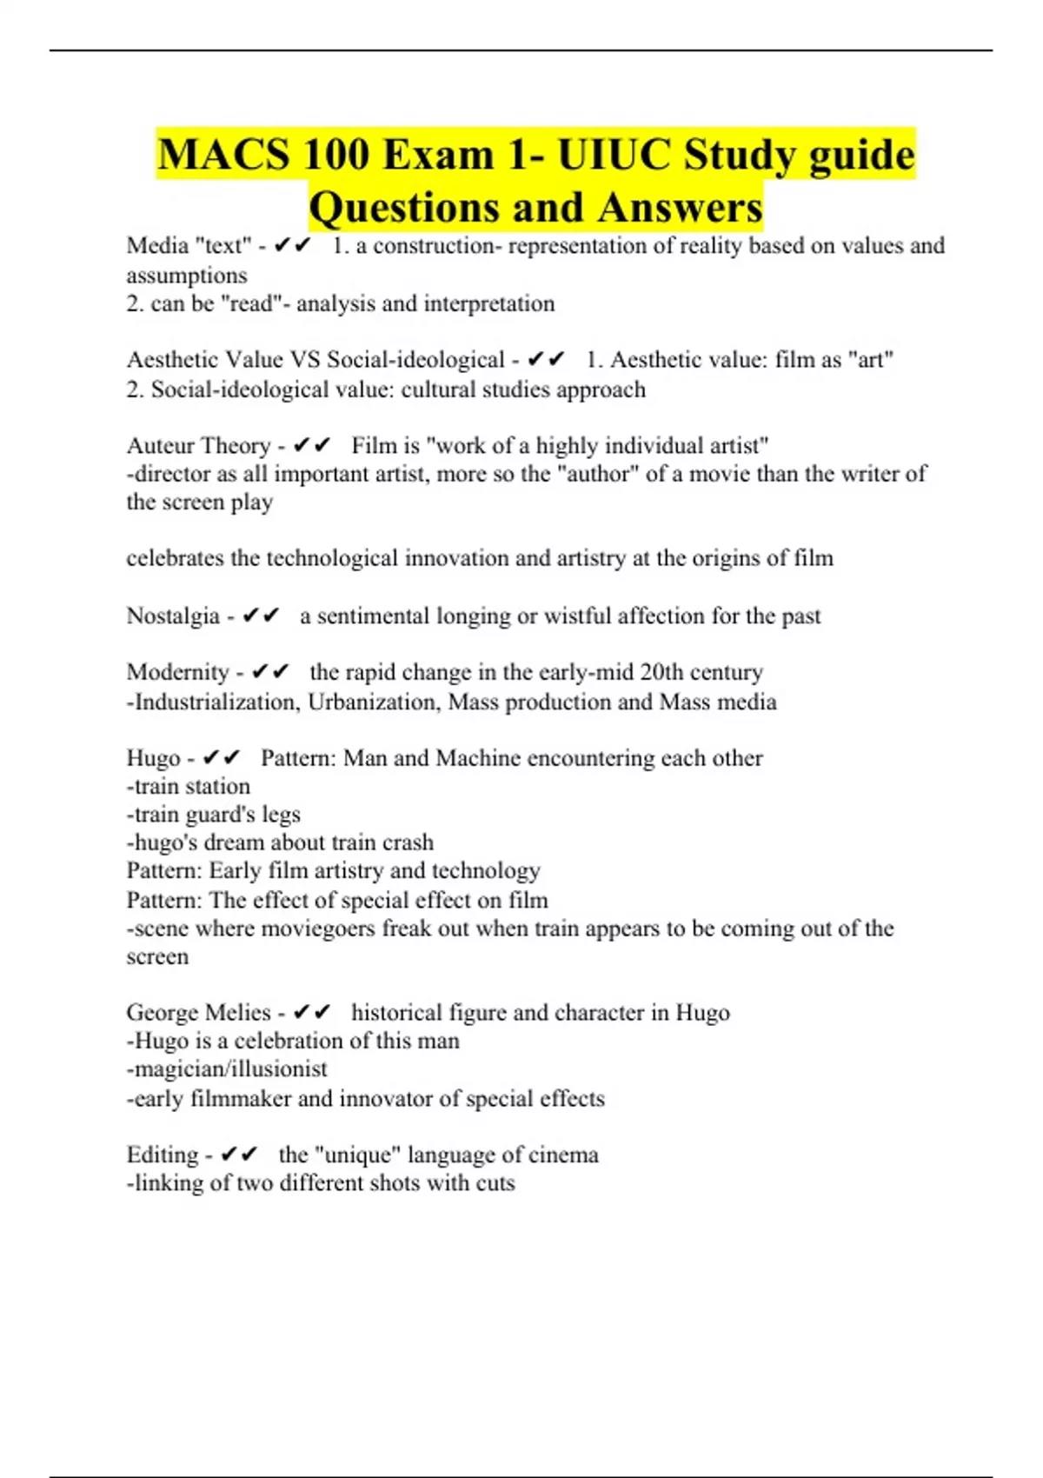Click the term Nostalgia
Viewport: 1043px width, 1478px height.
(x=173, y=616)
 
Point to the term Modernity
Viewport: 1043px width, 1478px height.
(x=177, y=672)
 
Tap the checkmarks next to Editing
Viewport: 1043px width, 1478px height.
(x=239, y=1155)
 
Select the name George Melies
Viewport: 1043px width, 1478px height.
(x=198, y=1012)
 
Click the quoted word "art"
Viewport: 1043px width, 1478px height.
(x=871, y=359)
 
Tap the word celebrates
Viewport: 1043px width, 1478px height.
(x=175, y=558)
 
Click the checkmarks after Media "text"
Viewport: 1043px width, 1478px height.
(x=292, y=246)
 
